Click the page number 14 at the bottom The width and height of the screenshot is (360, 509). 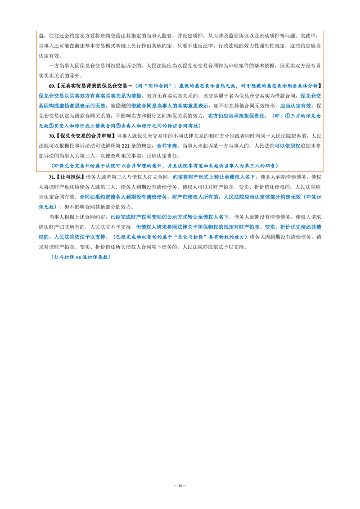tap(180, 486)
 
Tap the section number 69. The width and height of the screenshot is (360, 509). tap(52, 86)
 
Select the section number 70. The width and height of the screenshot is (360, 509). tap(52, 136)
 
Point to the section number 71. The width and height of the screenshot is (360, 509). tap(52, 177)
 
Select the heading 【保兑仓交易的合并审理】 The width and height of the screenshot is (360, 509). tap(85, 136)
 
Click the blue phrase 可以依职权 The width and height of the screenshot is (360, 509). tap(288, 146)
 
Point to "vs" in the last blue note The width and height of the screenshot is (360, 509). tap(78, 257)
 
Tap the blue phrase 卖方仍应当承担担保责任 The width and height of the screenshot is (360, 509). tap(236, 116)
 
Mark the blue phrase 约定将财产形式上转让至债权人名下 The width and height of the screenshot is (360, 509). tap(214, 177)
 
